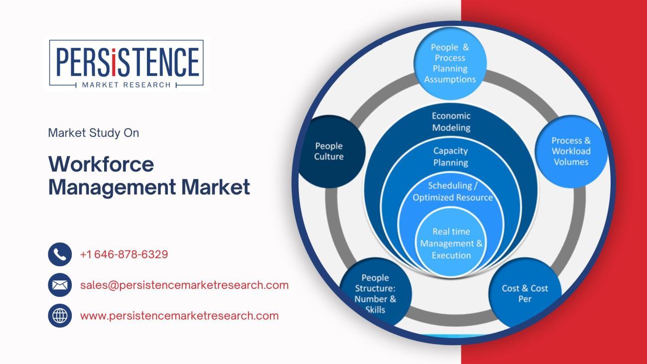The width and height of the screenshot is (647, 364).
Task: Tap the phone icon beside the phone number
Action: tap(60, 254)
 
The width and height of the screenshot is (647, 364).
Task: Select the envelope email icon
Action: tap(60, 285)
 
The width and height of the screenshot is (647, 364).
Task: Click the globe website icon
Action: tap(60, 316)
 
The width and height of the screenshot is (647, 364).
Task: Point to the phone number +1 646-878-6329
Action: tap(124, 254)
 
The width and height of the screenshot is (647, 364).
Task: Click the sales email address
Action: tap(184, 285)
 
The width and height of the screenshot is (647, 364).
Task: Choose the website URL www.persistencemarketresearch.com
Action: tap(179, 316)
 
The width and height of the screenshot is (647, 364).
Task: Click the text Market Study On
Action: tap(93, 133)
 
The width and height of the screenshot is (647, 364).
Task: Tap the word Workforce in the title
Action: tap(101, 164)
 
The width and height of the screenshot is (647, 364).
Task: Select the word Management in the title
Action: tap(112, 187)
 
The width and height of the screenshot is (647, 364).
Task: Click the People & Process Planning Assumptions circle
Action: tap(450, 63)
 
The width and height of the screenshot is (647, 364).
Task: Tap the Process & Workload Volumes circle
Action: tap(571, 151)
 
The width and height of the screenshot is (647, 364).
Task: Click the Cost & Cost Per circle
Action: tap(524, 293)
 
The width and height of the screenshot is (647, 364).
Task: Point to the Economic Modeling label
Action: tap(451, 121)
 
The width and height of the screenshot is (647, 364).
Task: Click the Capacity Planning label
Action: tap(450, 156)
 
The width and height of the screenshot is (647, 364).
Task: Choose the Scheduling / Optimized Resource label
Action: tap(452, 191)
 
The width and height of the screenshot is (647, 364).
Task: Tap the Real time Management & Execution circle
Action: tap(451, 243)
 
